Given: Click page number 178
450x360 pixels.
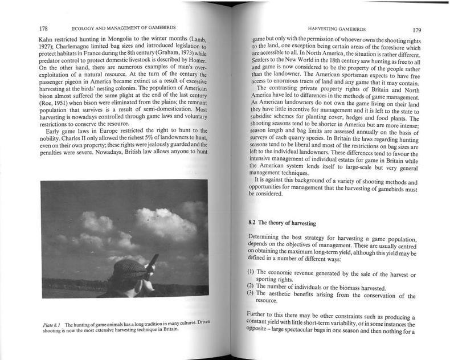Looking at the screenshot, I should click(x=43, y=28).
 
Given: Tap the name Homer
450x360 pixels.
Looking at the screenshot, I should click(x=195, y=60).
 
